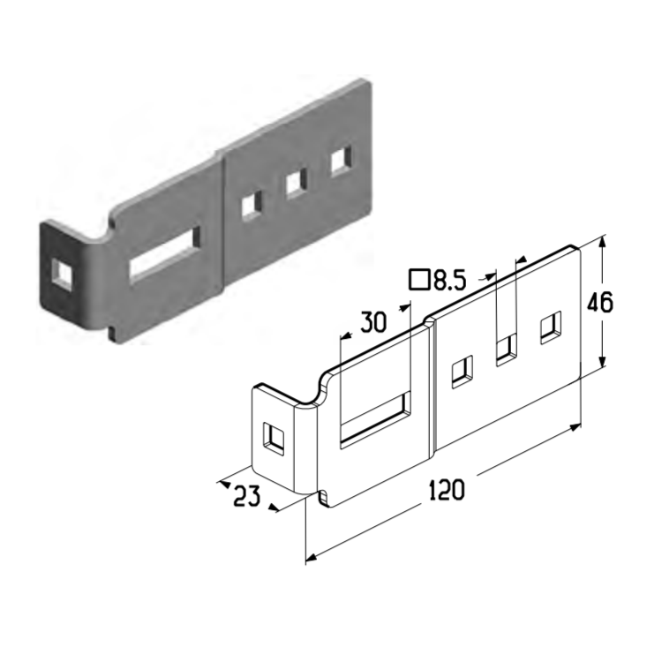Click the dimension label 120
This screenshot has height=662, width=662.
point(447,490)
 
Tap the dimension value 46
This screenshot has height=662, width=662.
point(600,302)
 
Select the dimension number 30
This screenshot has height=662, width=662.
point(373,322)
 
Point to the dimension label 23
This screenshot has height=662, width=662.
point(246,495)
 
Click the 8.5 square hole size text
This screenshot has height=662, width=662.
point(449,280)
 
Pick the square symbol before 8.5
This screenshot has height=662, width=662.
point(419,279)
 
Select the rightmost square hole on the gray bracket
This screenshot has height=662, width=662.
point(342,160)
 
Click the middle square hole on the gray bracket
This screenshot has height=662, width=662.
point(296,184)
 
